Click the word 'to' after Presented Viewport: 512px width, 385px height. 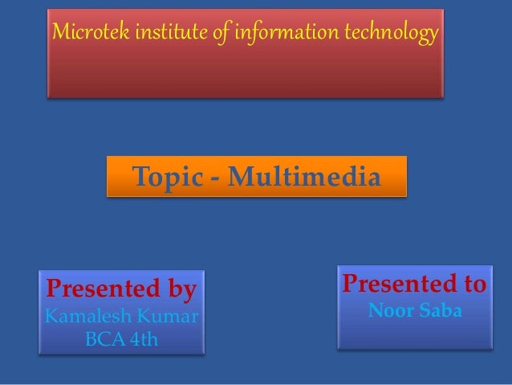(472, 285)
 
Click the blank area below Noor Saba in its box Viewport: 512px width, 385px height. (414, 334)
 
